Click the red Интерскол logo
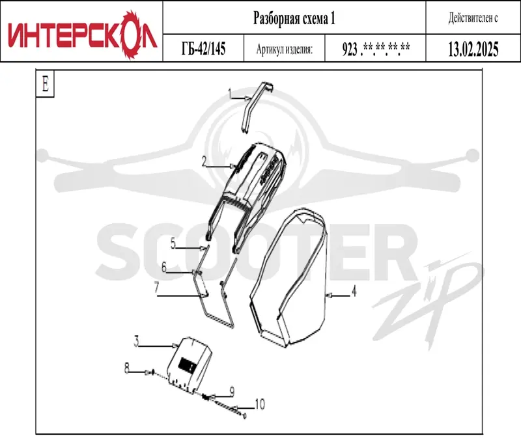(x=81, y=34)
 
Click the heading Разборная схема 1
(x=294, y=18)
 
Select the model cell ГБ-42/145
(x=203, y=48)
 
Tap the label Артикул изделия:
(x=285, y=49)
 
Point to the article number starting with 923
(x=376, y=49)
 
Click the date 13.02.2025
(x=473, y=49)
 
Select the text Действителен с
(x=473, y=18)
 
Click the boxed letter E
(x=45, y=84)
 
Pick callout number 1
(x=230, y=94)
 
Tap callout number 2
(x=204, y=161)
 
